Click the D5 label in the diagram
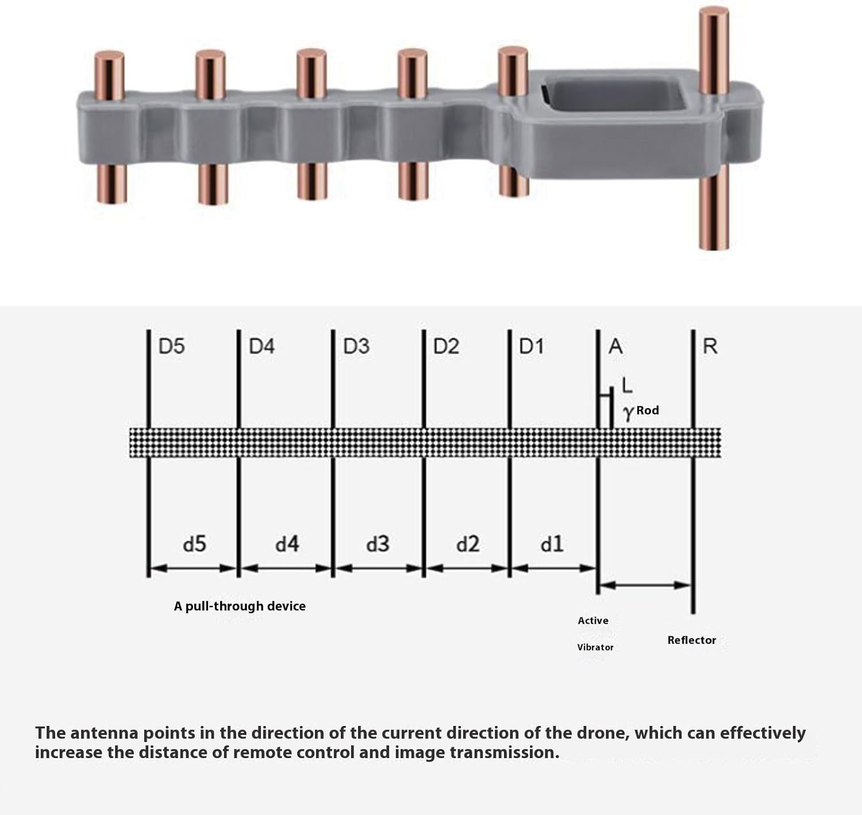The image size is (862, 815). [x=171, y=347]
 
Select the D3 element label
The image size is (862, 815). [x=356, y=347]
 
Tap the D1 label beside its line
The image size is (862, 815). [x=532, y=347]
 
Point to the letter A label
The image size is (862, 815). [x=615, y=347]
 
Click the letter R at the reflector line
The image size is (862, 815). [x=710, y=347]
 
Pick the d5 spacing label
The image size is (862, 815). [x=194, y=544]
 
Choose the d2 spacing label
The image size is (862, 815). [x=468, y=544]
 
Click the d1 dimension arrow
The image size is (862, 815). [x=553, y=568]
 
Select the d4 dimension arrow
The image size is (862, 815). [x=286, y=568]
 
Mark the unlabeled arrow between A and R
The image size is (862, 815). [x=645, y=585]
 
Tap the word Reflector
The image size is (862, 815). [x=691, y=640]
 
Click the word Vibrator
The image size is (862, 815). [x=595, y=647]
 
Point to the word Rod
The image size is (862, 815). [x=648, y=410]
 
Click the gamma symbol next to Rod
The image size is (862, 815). [x=628, y=412]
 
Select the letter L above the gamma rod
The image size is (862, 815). [x=627, y=386]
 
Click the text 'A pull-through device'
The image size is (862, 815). [x=240, y=606]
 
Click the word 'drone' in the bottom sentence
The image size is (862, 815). [x=603, y=733]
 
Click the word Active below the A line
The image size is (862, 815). [x=593, y=621]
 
